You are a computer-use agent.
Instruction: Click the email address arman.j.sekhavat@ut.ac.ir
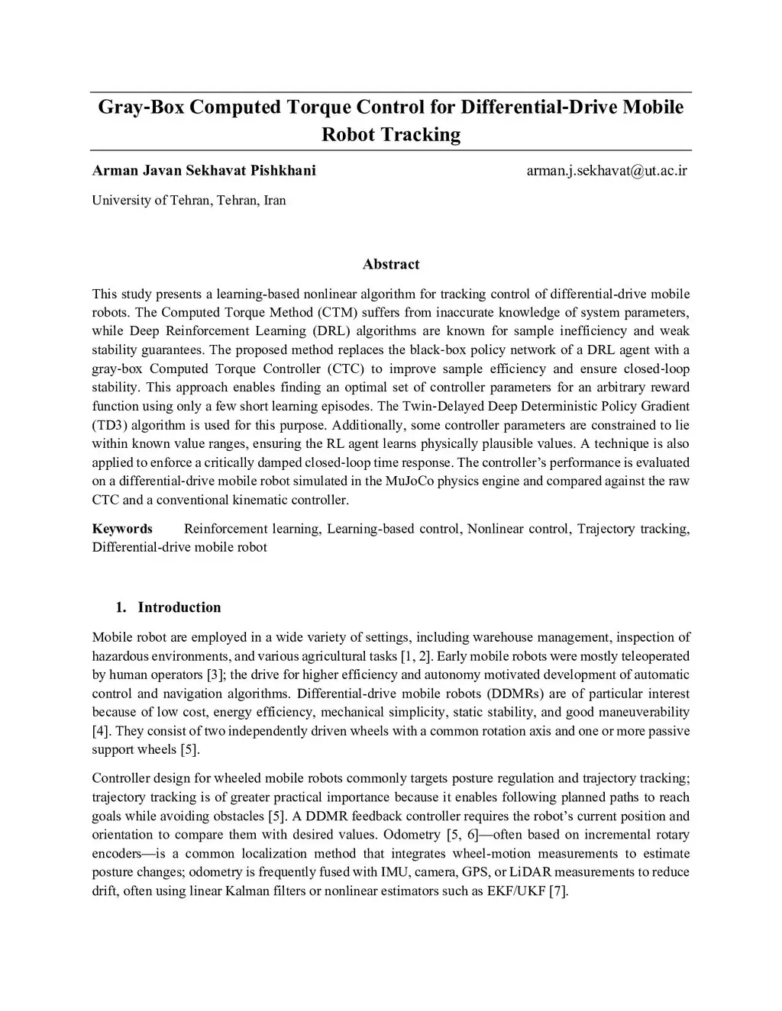(x=606, y=170)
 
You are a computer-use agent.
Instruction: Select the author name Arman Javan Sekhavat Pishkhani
(x=204, y=170)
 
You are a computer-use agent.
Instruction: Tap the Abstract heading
(x=391, y=264)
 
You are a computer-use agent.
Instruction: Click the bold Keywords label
(x=122, y=529)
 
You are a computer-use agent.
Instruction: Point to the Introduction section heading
(x=179, y=607)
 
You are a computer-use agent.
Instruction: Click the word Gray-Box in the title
(x=141, y=107)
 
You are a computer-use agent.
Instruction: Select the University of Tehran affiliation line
(x=189, y=200)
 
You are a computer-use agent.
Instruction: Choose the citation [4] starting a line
(x=101, y=731)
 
